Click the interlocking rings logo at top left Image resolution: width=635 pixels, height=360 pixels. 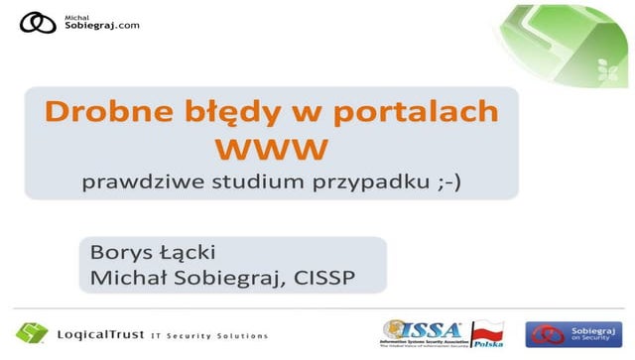(39, 24)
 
